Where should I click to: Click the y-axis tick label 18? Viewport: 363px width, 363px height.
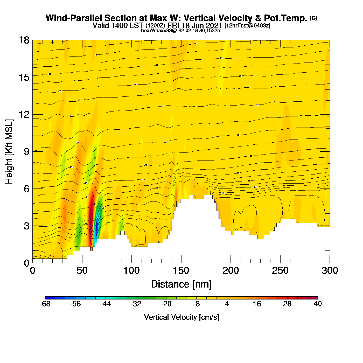point(24,40)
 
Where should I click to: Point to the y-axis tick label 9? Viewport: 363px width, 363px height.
point(26,152)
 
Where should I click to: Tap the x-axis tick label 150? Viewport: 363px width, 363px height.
point(181,271)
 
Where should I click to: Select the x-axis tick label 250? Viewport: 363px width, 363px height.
point(280,271)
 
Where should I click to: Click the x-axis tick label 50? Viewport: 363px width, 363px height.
point(82,271)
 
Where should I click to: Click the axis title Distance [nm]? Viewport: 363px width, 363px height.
point(181,284)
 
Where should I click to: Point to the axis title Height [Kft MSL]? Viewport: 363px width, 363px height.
point(9,152)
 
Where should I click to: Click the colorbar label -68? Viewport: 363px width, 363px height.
point(45,304)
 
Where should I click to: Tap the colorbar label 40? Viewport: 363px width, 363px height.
point(318,304)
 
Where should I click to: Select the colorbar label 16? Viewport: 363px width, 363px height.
point(257,304)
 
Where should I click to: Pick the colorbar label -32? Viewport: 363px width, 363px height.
point(136,304)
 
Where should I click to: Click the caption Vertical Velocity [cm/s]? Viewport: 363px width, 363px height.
point(181,317)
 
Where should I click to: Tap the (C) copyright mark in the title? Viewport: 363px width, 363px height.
point(313,18)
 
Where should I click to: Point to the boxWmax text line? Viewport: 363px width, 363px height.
point(181,31)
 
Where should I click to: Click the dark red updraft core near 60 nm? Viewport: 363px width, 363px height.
point(92,207)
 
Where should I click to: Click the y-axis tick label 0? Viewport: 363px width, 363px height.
point(26,263)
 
